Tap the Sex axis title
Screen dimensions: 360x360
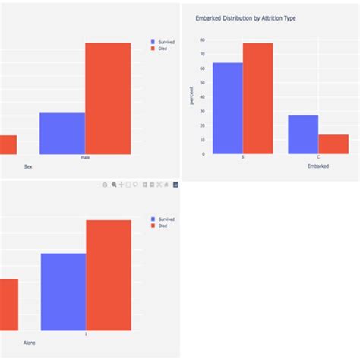pyautogui.click(x=29, y=166)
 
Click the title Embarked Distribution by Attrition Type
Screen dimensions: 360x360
pyautogui.click(x=245, y=17)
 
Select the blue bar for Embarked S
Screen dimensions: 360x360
pyautogui.click(x=228, y=108)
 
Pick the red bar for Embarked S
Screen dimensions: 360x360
pyautogui.click(x=257, y=98)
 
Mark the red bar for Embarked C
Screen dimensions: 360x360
pyautogui.click(x=333, y=144)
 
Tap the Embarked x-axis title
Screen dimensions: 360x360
pyautogui.click(x=318, y=166)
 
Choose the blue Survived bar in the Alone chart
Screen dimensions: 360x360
pyautogui.click(x=63, y=292)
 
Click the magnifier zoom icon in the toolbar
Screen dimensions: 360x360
pyautogui.click(x=114, y=185)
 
